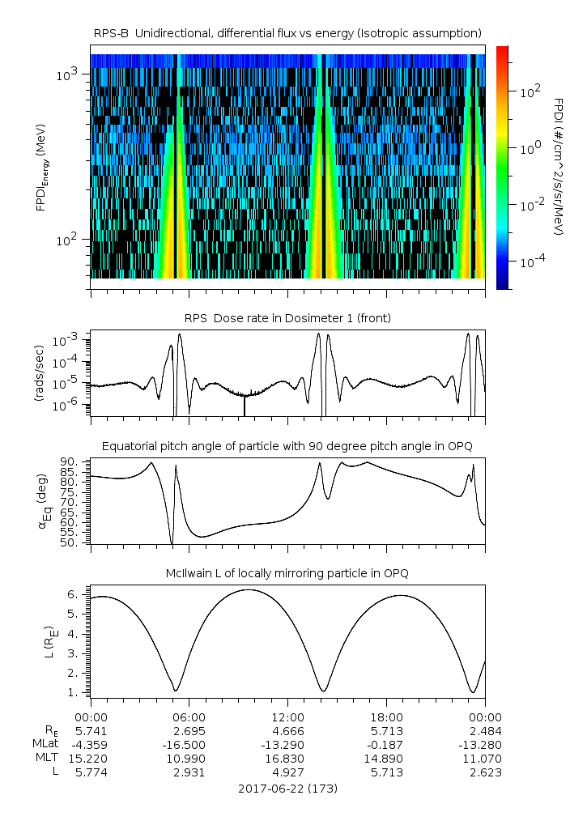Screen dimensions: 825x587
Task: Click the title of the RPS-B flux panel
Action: click(287, 32)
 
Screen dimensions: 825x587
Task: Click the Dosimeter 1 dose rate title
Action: click(287, 318)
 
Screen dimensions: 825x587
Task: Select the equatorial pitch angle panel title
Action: click(287, 446)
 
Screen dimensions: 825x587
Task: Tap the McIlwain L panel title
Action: click(287, 573)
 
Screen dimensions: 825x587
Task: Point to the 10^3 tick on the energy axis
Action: click(66, 74)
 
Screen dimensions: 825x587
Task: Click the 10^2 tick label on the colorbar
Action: click(530, 91)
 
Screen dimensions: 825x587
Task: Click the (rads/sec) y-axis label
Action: click(39, 373)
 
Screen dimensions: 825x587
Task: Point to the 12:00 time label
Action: click(287, 717)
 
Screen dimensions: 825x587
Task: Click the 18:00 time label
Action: click(386, 717)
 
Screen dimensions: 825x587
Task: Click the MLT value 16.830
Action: click(287, 758)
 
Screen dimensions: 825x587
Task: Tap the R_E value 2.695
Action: click(189, 730)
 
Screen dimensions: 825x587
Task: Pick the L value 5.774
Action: click(91, 772)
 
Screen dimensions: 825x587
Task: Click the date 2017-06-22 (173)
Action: click(287, 788)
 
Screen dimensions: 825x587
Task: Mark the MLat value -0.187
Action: click(386, 744)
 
